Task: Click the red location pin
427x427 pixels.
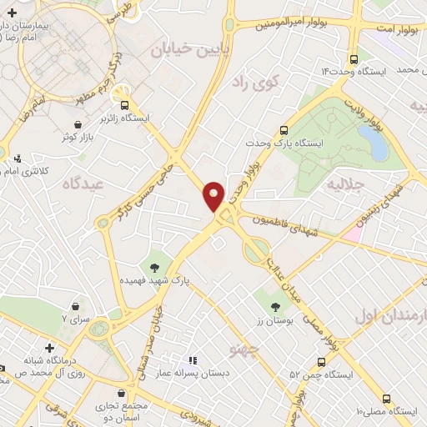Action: coord(214,195)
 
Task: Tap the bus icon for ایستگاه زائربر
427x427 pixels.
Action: coord(124,105)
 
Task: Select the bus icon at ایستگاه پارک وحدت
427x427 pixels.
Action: coord(284,130)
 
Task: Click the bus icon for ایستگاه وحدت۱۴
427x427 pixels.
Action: coord(354,59)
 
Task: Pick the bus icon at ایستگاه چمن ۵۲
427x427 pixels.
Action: coord(322,361)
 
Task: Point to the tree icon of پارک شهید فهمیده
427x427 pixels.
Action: coord(155,268)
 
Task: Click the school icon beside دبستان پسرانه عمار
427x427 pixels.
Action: coord(192,360)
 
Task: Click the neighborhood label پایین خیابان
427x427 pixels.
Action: coord(183,50)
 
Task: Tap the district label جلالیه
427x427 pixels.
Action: coord(344,182)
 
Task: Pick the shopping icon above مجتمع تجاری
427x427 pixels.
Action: coord(131,391)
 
